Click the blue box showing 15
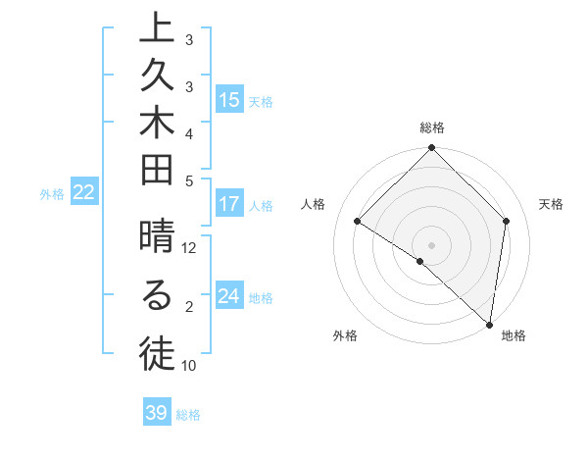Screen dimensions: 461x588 (229, 99)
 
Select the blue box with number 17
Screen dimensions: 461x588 (229, 204)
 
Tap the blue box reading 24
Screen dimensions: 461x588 (229, 296)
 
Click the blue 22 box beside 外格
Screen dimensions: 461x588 (84, 192)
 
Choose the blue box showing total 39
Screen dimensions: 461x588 (157, 413)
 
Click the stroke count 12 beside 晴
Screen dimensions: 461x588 (189, 248)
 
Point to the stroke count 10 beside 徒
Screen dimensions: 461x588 (189, 366)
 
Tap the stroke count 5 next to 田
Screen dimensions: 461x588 (189, 180)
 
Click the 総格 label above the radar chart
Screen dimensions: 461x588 (432, 128)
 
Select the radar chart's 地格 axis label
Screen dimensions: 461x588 (514, 336)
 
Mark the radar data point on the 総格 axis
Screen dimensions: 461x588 (431, 150)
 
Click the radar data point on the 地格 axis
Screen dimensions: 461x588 (490, 324)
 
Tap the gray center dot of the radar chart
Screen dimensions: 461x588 (431, 244)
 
